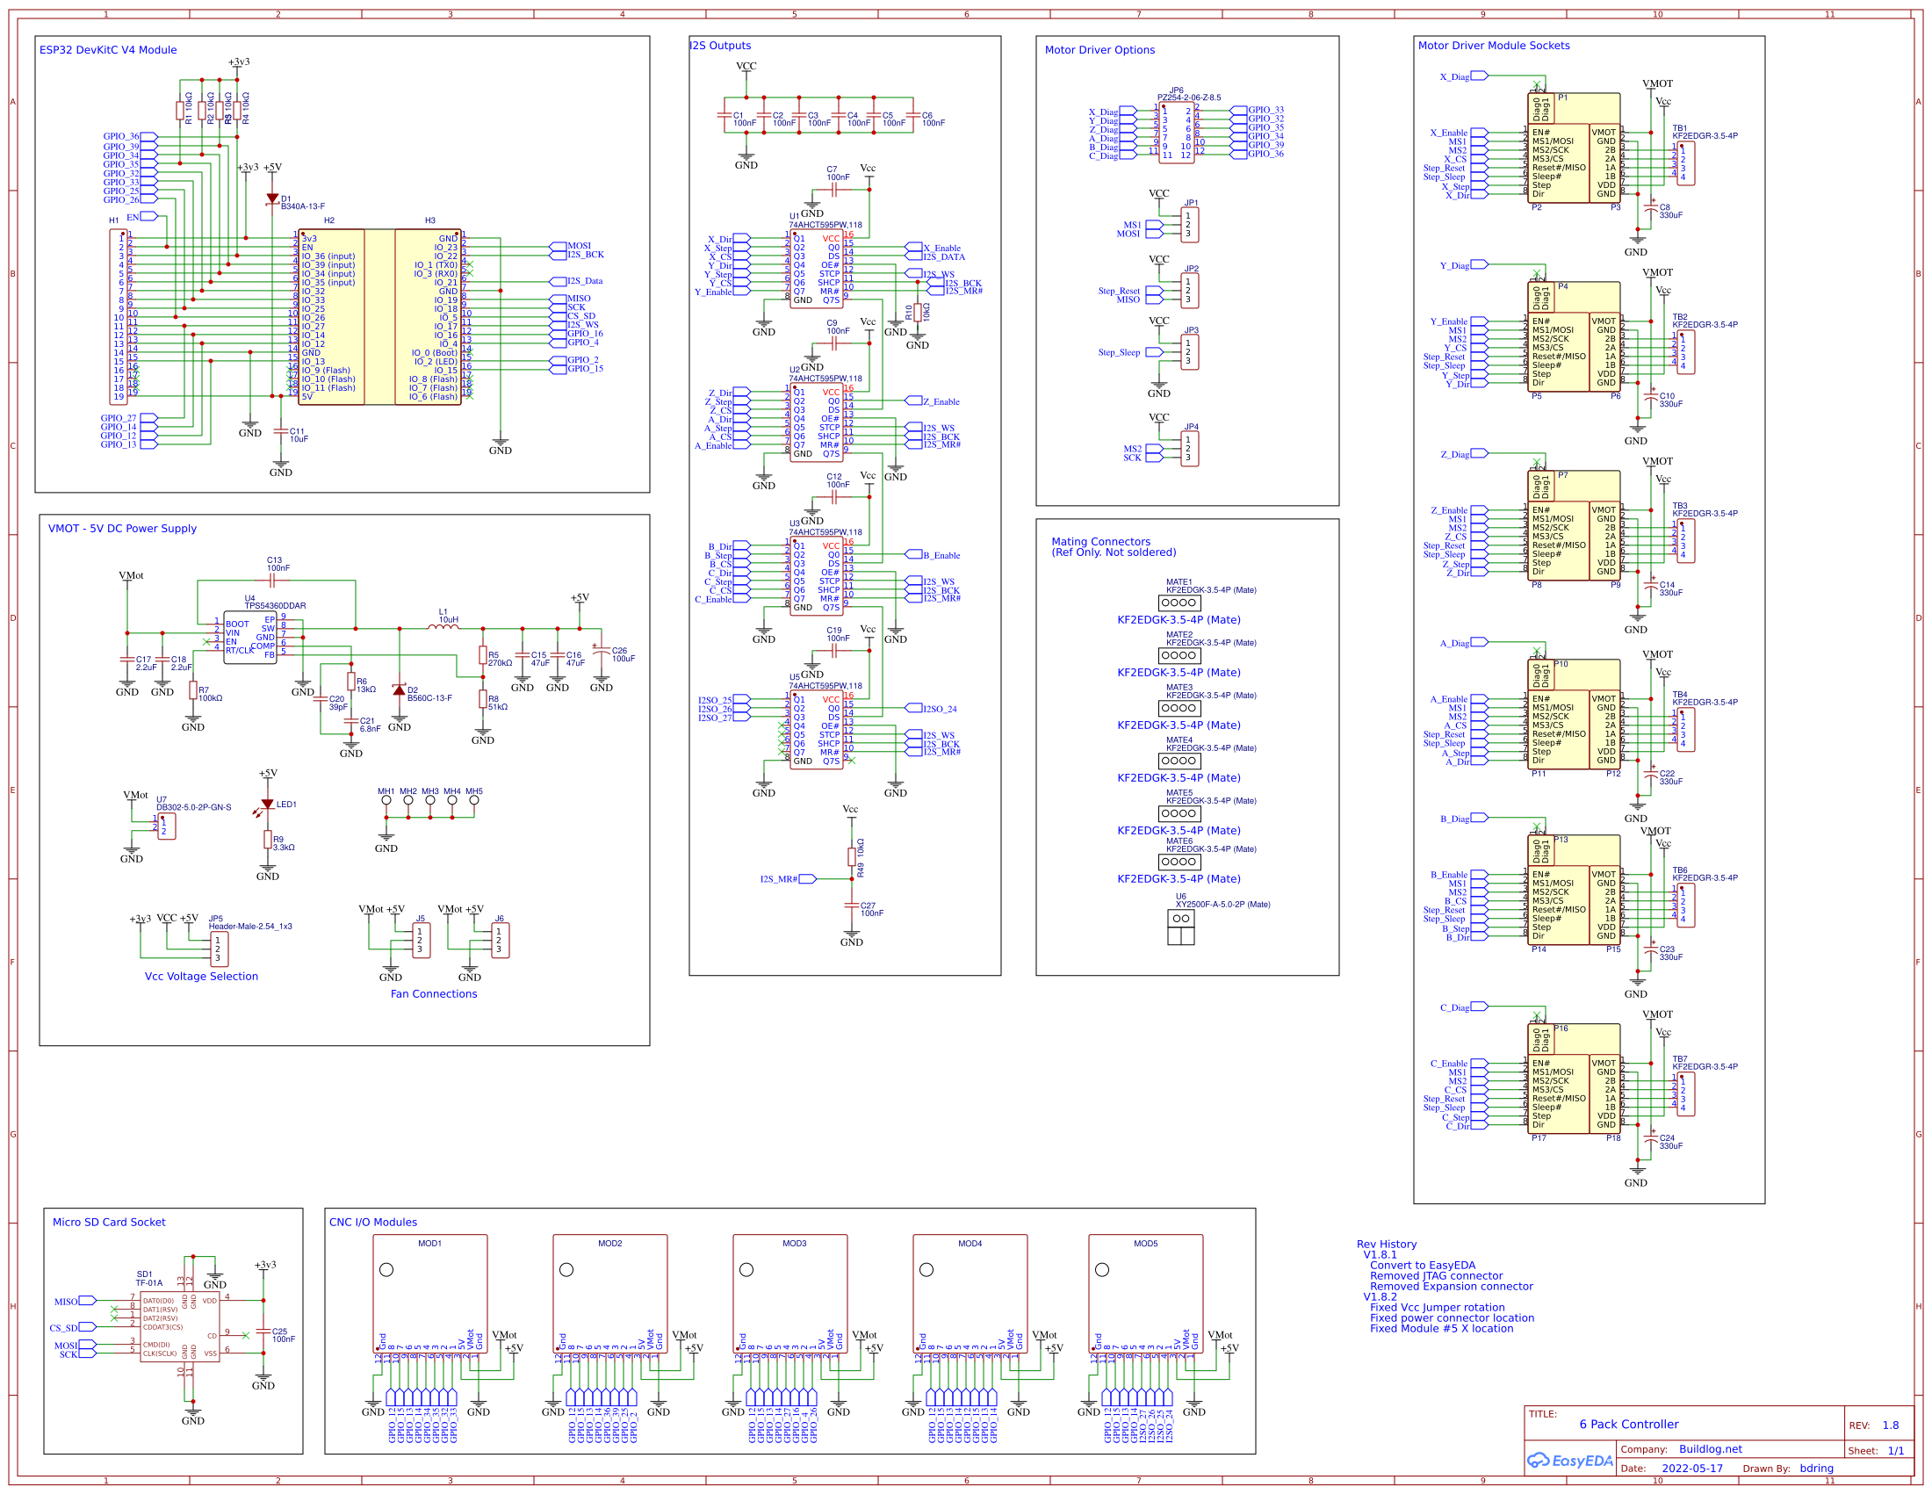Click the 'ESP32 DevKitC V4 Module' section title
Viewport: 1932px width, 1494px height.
pyautogui.click(x=108, y=50)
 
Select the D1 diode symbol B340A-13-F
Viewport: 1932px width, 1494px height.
pyautogui.click(x=272, y=200)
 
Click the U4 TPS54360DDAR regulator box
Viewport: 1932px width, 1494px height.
pyautogui.click(x=249, y=636)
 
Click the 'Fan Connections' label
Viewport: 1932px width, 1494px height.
pyautogui.click(x=434, y=994)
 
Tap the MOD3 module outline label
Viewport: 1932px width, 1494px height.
pyautogui.click(x=794, y=1244)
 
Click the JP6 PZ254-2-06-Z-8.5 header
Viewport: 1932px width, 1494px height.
pyautogui.click(x=1176, y=131)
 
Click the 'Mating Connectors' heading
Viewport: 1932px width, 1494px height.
pyautogui.click(x=1100, y=541)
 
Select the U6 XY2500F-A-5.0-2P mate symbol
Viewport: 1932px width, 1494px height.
pyautogui.click(x=1180, y=926)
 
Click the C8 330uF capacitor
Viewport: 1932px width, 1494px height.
pyautogui.click(x=1650, y=210)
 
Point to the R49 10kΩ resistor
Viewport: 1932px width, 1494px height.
pyautogui.click(x=852, y=856)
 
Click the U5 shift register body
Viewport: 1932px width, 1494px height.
pyautogui.click(x=816, y=730)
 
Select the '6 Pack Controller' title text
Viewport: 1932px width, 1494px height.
pyautogui.click(x=1628, y=1424)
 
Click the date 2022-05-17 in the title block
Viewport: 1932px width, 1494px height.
pyautogui.click(x=1691, y=1469)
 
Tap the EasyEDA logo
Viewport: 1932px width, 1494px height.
pyautogui.click(x=1570, y=1461)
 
